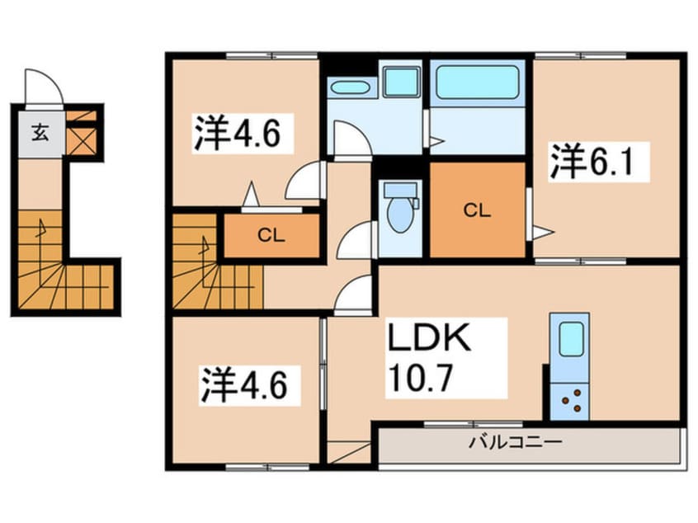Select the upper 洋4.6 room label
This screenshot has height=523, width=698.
(243, 134)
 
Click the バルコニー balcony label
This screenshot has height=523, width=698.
(516, 442)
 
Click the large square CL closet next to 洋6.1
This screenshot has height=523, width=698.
(477, 210)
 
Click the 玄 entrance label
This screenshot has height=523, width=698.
(39, 132)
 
